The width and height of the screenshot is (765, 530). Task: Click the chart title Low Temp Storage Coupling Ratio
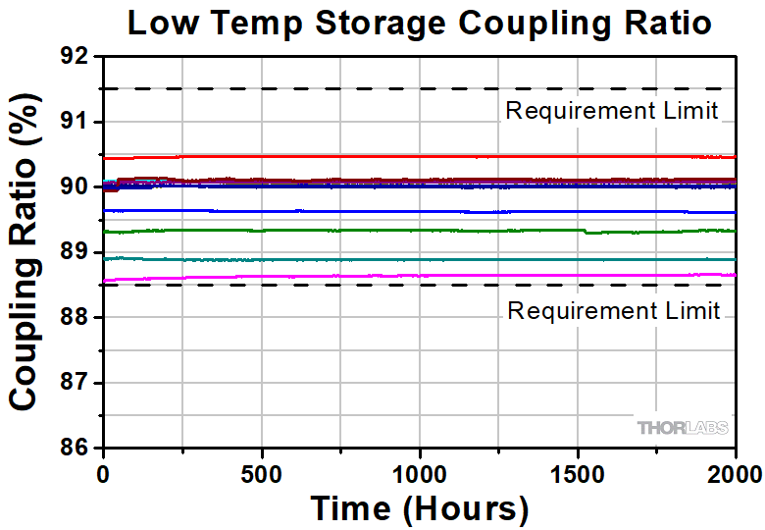[419, 23]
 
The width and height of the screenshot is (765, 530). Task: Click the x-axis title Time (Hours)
[419, 508]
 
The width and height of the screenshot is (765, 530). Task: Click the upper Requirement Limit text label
[613, 110]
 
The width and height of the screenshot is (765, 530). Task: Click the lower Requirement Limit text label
[613, 311]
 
